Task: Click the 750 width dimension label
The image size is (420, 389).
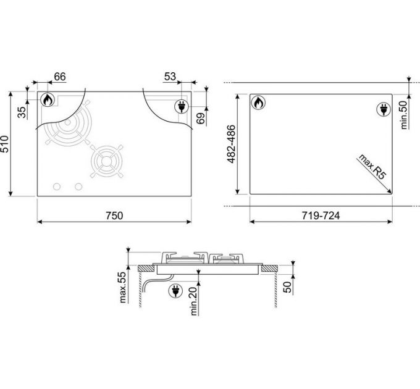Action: click(x=114, y=215)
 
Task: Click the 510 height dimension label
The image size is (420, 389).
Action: click(x=5, y=144)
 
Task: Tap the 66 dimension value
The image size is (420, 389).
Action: click(x=60, y=77)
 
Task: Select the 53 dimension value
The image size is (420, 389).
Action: click(x=170, y=77)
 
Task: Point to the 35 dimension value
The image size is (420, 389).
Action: click(x=22, y=112)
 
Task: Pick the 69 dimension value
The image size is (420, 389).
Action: click(x=201, y=119)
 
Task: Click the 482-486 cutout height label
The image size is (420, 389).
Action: click(x=231, y=144)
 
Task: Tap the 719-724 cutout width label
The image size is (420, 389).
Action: click(x=321, y=215)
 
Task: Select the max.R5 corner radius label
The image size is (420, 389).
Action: click(x=372, y=167)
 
